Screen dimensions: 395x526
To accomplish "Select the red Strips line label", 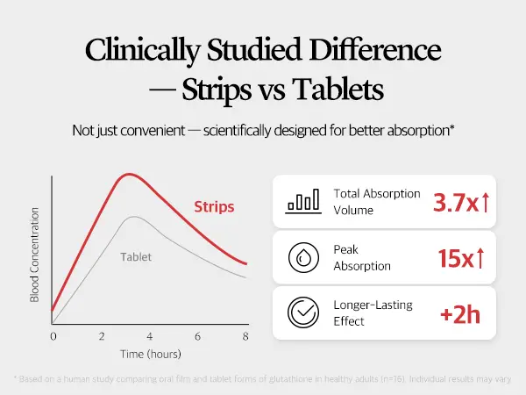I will (x=215, y=208).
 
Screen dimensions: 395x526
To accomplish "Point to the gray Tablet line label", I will (x=135, y=257).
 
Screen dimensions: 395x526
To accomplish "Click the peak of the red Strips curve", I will (x=129, y=174).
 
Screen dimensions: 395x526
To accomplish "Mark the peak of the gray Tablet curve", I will (x=132, y=217).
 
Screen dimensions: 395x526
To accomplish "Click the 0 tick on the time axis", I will (x=53, y=336).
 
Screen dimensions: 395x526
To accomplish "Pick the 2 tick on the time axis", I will (x=102, y=336).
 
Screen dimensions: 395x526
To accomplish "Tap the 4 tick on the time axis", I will (x=149, y=336).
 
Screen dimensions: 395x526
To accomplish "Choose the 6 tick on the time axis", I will (x=197, y=336).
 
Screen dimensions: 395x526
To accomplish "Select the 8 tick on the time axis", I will (x=245, y=336).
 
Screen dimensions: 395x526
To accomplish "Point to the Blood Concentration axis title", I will (x=35, y=255).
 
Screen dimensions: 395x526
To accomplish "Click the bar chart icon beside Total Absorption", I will (x=302, y=202).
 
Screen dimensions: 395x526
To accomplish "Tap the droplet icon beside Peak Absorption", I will (x=302, y=257).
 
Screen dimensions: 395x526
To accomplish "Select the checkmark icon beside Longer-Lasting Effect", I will (x=302, y=312).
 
